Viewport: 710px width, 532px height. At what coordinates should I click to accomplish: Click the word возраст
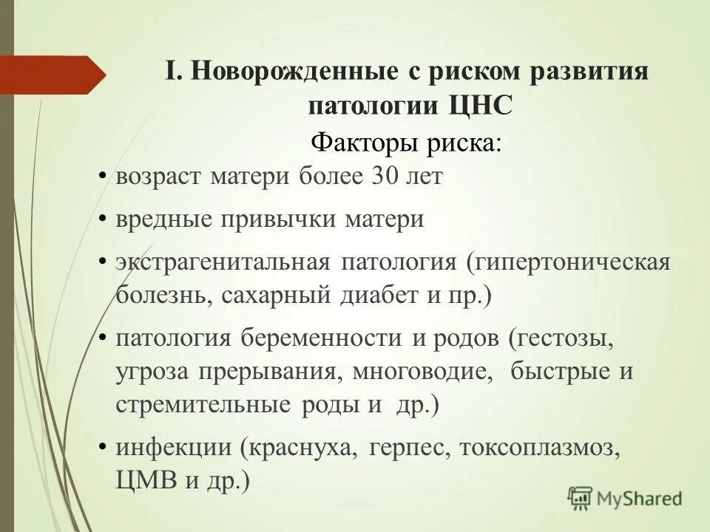click(158, 178)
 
